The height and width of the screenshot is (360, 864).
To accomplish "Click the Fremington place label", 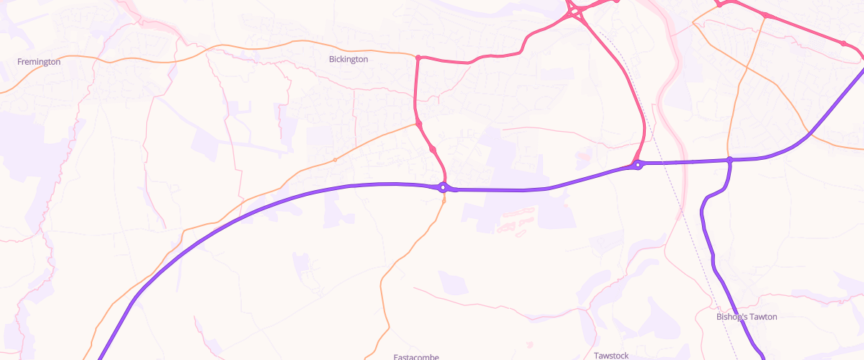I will coord(39,62).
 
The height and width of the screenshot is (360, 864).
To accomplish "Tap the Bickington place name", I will coord(348,59).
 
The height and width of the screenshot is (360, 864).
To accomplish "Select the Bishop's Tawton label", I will coord(747,317).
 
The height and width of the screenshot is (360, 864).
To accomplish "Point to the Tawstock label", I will coord(612,355).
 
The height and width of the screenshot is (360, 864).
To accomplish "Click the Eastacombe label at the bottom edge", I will coord(416,356).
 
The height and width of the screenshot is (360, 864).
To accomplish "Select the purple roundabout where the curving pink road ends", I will coord(637,165).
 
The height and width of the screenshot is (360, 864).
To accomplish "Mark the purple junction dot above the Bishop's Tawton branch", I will coord(729,160).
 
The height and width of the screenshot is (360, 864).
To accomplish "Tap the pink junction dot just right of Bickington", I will coord(418,57).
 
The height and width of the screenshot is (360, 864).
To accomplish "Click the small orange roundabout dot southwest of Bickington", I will coord(335,159).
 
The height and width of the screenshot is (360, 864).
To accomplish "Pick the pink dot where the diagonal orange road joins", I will coord(418,125).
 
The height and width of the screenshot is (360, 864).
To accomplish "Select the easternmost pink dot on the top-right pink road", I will coord(843,43).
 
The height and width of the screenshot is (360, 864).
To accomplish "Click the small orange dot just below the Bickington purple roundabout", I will coord(444,200).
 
